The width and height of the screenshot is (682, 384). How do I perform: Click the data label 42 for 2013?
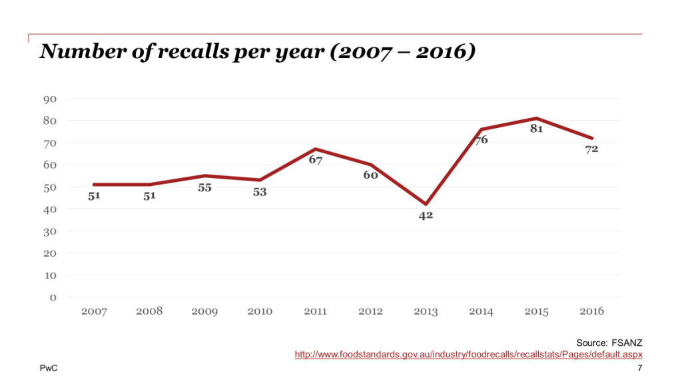pyautogui.click(x=426, y=216)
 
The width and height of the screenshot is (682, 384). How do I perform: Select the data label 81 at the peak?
pyautogui.click(x=537, y=129)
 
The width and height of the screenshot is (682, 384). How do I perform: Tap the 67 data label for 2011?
pyautogui.click(x=315, y=161)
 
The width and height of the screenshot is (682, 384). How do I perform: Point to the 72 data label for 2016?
pyautogui.click(x=591, y=149)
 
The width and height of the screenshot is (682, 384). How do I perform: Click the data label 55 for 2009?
pyautogui.click(x=204, y=188)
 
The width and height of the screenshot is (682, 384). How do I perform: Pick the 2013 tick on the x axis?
pyautogui.click(x=426, y=311)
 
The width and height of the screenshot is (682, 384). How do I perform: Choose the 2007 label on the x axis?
pyautogui.click(x=94, y=311)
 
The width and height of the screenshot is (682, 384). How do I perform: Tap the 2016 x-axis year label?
pyautogui.click(x=591, y=311)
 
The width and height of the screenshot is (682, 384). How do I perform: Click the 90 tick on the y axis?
pyautogui.click(x=51, y=99)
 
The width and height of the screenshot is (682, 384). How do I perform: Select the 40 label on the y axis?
pyautogui.click(x=51, y=209)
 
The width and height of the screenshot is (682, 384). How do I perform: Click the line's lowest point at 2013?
pyautogui.click(x=426, y=204)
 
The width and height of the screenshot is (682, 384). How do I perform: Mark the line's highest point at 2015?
pyautogui.click(x=537, y=119)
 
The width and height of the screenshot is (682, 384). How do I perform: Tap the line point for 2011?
pyautogui.click(x=315, y=149)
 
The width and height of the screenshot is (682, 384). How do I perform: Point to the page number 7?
pyautogui.click(x=639, y=369)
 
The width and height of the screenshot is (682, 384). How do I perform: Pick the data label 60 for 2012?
pyautogui.click(x=370, y=175)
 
